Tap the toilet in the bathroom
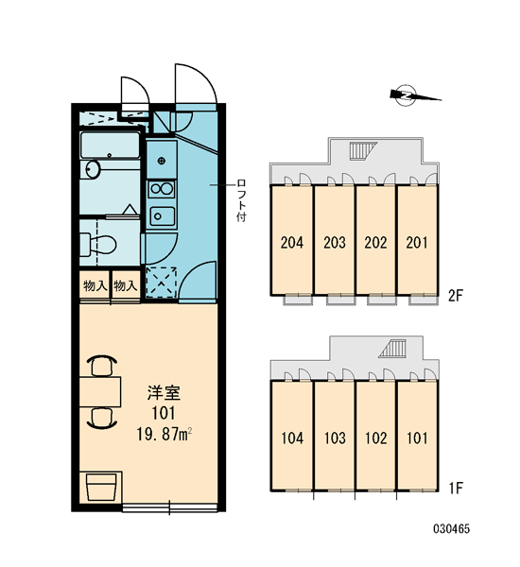click(x=97, y=245)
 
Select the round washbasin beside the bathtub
click(x=93, y=169)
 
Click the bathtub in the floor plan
click(x=111, y=146)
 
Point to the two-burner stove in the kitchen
click(x=162, y=189)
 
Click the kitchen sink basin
click(x=162, y=216)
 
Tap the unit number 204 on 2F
click(x=292, y=242)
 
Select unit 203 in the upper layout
click(x=335, y=242)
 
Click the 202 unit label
click(x=375, y=242)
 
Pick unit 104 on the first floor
click(x=292, y=438)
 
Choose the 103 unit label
click(x=335, y=438)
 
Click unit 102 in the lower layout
click(x=376, y=438)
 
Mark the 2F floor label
click(x=456, y=296)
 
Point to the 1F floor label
click(x=456, y=489)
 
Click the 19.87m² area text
click(x=164, y=434)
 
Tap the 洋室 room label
click(x=164, y=393)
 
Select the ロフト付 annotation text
click(x=241, y=200)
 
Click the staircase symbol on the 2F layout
click(x=363, y=151)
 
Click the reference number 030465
click(x=452, y=529)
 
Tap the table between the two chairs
click(x=100, y=392)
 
